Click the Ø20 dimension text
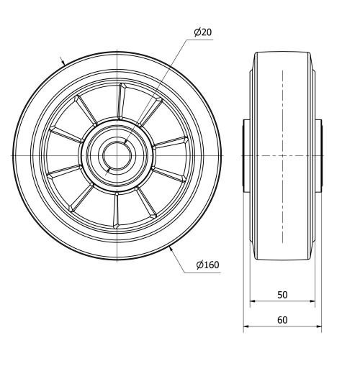(x=202, y=32)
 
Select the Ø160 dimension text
(x=207, y=266)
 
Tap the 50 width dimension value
(x=282, y=295)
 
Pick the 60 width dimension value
(x=282, y=320)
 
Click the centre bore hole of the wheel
(x=116, y=155)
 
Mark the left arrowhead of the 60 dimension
(x=246, y=328)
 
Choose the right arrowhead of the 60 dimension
(x=318, y=328)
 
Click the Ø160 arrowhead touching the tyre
(x=171, y=250)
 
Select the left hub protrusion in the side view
(x=246, y=155)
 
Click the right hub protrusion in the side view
(x=319, y=155)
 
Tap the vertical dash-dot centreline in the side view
(x=282, y=180)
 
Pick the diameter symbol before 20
(x=197, y=32)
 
